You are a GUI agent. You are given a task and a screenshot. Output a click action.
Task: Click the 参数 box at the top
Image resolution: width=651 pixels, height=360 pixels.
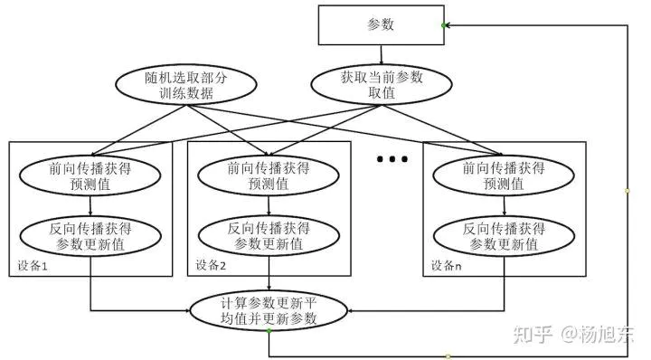coord(380,25)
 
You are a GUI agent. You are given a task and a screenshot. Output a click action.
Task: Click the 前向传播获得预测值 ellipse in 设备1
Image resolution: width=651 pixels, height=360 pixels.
coord(90,175)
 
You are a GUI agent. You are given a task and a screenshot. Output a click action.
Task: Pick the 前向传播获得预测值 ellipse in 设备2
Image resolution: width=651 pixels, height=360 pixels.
coord(269,175)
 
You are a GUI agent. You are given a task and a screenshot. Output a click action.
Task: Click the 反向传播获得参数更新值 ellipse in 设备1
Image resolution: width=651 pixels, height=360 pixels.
coord(90,235)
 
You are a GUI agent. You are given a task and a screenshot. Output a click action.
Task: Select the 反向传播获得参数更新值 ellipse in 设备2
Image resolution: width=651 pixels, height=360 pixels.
coord(269,235)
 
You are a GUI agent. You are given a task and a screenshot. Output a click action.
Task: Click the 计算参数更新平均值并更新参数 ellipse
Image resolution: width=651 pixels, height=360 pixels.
coord(269,310)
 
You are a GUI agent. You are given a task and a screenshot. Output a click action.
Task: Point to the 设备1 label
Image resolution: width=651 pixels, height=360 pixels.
coord(32,267)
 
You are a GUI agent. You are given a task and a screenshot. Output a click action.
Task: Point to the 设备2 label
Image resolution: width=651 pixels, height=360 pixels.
coord(211,267)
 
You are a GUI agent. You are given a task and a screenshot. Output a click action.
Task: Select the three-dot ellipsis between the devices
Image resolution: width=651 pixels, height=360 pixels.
coord(392,160)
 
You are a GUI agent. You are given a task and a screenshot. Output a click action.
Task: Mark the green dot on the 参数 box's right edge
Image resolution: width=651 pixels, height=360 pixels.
coord(443,25)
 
